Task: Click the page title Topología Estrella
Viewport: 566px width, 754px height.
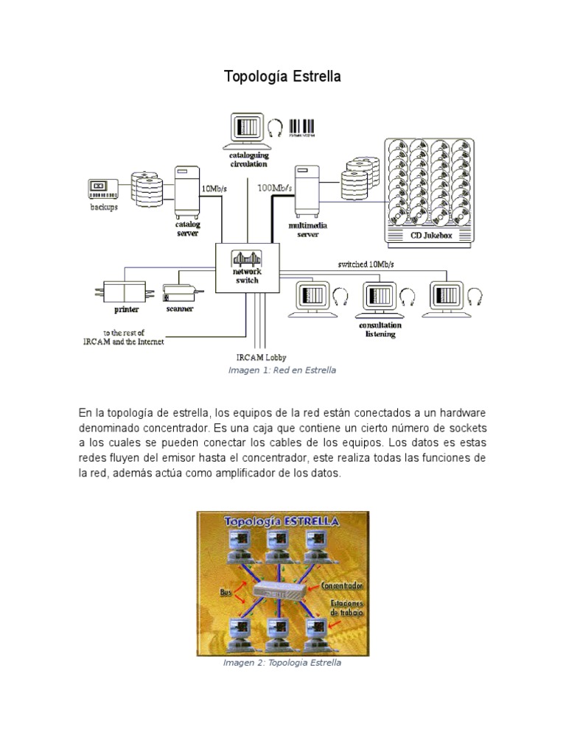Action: pos(282,77)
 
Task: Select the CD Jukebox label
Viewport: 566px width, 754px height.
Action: pos(430,236)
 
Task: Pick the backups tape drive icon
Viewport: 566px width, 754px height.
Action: pos(103,188)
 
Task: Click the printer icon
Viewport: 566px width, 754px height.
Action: pos(125,292)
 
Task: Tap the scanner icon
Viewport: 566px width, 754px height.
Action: pos(181,294)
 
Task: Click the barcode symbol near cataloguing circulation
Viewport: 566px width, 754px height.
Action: pos(301,128)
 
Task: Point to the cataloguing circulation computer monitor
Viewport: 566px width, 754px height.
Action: pos(247,128)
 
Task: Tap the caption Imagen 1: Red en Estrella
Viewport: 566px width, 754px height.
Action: pos(282,370)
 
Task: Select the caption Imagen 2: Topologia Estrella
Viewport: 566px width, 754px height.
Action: pos(282,663)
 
